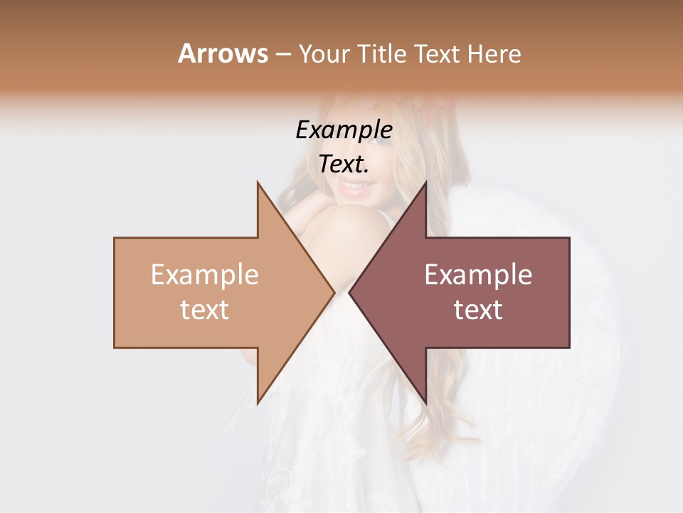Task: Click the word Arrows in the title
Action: [x=223, y=53]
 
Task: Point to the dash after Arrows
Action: [x=282, y=54]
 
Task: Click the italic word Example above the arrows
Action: [x=344, y=130]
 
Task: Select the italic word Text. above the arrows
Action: [x=344, y=165]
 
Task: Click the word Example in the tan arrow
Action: [x=204, y=275]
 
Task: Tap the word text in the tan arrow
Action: [x=204, y=310]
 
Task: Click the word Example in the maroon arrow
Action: [x=478, y=275]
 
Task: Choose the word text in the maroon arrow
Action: [x=478, y=310]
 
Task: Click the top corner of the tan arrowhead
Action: [x=258, y=182]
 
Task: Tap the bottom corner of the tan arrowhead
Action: [x=258, y=403]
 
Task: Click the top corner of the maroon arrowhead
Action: [x=425, y=182]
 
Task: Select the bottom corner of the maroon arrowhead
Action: [x=425, y=403]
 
